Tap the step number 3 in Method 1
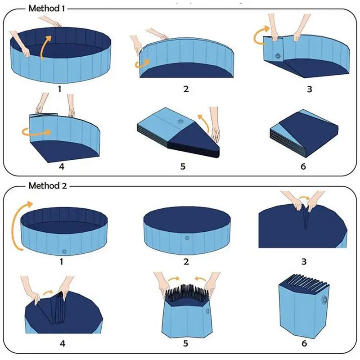309,89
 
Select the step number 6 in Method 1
303,166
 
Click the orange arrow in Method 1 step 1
44,48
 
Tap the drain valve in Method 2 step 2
186,238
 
